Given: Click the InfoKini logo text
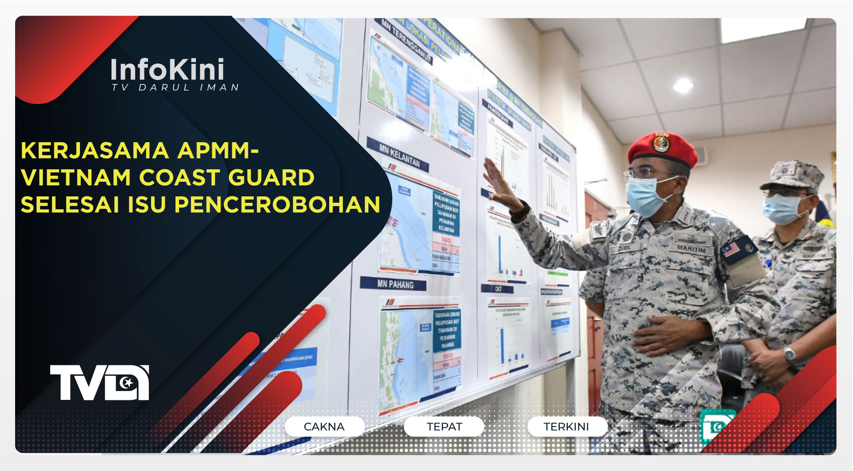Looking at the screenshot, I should [x=167, y=70].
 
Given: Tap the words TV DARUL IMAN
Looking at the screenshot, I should [x=175, y=88].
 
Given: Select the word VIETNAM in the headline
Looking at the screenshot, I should [x=76, y=177].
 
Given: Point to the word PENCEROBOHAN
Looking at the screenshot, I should [x=277, y=204].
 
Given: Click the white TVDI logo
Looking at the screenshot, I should [x=100, y=383].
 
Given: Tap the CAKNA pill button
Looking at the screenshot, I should [x=324, y=427].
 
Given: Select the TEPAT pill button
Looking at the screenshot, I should [x=444, y=427].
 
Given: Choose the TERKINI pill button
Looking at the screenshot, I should [x=566, y=427].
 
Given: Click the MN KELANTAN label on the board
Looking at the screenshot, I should [x=399, y=155].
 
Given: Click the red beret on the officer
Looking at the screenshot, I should [x=662, y=149].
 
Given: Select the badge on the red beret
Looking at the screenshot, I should [x=661, y=143].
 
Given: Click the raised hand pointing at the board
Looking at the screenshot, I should [x=500, y=184].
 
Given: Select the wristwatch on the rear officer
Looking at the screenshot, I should [x=789, y=354].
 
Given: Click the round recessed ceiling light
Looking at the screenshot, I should [x=683, y=85].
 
